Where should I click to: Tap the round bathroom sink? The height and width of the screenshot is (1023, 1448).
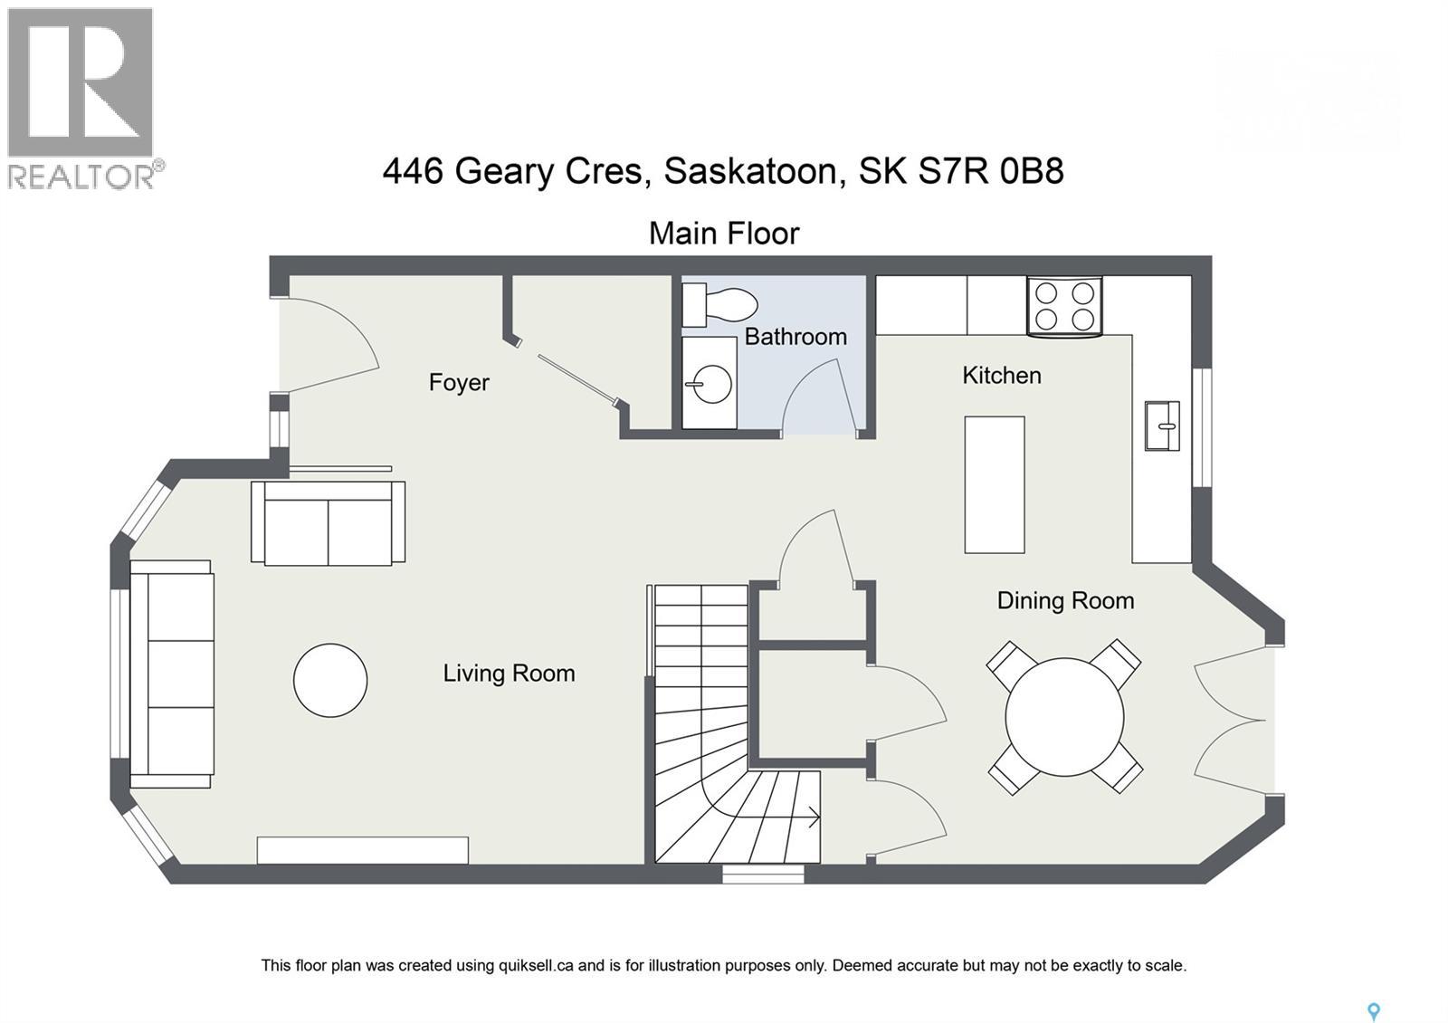[710, 384]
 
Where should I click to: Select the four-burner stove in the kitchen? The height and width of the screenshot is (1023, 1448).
[1064, 306]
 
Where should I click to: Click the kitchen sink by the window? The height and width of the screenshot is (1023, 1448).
[1162, 425]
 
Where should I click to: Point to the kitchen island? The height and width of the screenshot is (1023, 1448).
[994, 484]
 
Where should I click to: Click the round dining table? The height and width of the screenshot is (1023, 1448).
[1064, 716]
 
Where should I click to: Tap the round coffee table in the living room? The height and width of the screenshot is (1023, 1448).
[330, 680]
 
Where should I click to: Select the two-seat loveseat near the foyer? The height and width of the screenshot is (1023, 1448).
[328, 524]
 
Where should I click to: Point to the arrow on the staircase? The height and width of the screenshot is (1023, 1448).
[813, 817]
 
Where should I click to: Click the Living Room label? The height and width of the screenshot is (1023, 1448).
[509, 674]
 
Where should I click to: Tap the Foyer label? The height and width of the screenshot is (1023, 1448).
[459, 383]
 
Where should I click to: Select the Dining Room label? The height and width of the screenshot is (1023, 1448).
[1065, 601]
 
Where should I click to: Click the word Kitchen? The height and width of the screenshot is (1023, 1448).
[1001, 376]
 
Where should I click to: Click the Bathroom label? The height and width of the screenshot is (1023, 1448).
[795, 337]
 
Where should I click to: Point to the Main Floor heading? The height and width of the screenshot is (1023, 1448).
[724, 234]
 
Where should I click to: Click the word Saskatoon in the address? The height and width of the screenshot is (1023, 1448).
[750, 171]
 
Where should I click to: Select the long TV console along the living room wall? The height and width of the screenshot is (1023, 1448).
[362, 850]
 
